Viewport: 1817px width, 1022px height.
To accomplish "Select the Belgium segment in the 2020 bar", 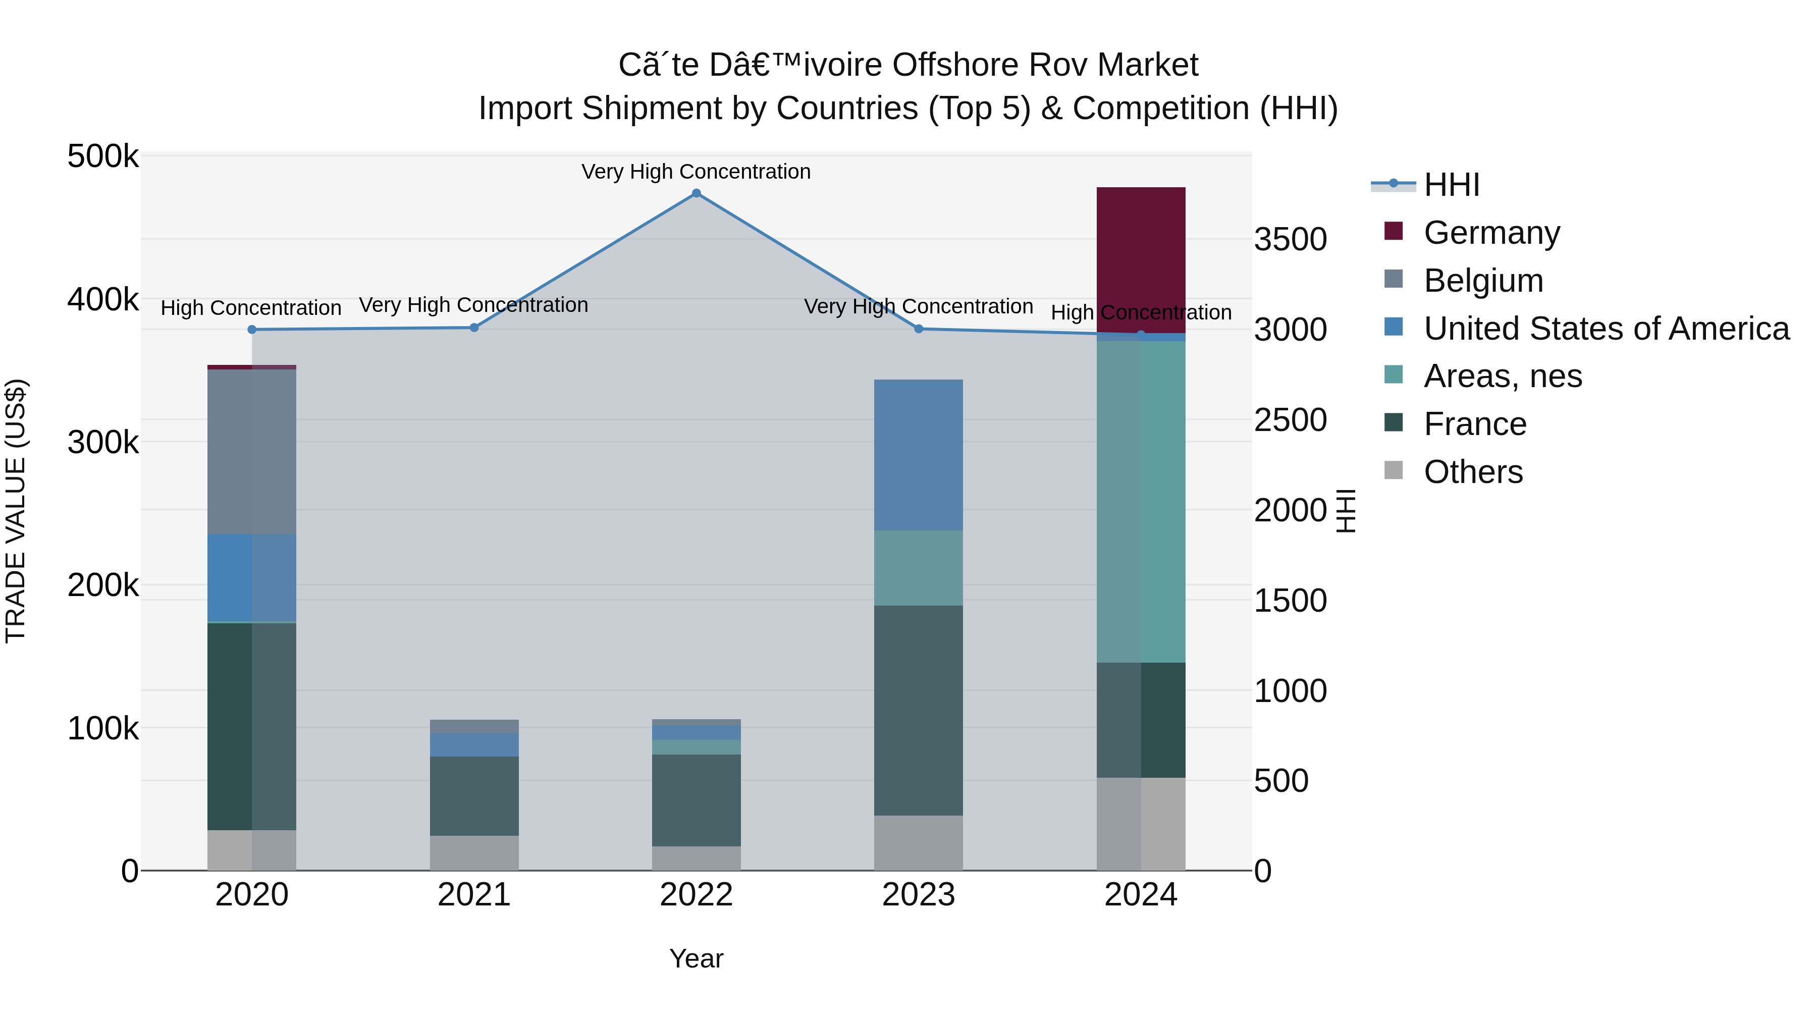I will (252, 451).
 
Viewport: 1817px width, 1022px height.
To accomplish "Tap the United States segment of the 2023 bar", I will (919, 455).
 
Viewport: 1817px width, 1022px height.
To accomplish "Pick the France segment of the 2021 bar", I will (474, 795).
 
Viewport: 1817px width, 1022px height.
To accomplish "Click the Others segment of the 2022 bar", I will (696, 857).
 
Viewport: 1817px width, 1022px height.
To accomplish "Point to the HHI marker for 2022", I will (696, 193).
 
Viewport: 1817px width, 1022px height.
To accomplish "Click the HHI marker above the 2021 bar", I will (474, 327).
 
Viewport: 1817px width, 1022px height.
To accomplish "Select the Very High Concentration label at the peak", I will (696, 172).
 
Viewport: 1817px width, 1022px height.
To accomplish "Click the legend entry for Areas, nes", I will (1503, 376).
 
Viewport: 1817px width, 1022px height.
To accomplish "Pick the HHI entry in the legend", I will (1451, 185).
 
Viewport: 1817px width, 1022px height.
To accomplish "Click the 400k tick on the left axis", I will (103, 300).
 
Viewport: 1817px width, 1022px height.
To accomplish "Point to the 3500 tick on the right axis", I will (1290, 239).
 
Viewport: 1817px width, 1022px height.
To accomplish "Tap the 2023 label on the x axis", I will (919, 895).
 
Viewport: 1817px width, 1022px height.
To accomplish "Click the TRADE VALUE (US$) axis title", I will (16, 511).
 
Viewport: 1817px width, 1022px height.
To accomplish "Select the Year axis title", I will (696, 958).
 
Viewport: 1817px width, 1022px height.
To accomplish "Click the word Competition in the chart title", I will (1160, 109).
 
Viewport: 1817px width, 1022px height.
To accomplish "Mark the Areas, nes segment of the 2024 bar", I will (1141, 501).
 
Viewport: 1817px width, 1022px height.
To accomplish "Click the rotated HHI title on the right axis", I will (1346, 511).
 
